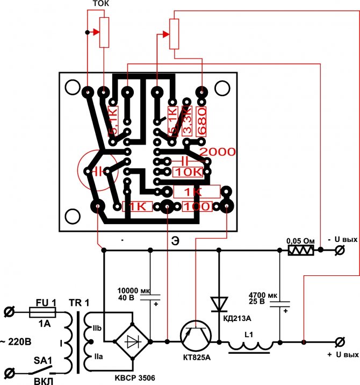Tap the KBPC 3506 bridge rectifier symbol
[133, 341]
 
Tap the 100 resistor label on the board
[197, 206]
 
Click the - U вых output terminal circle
[340, 250]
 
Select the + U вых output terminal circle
[340, 341]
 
